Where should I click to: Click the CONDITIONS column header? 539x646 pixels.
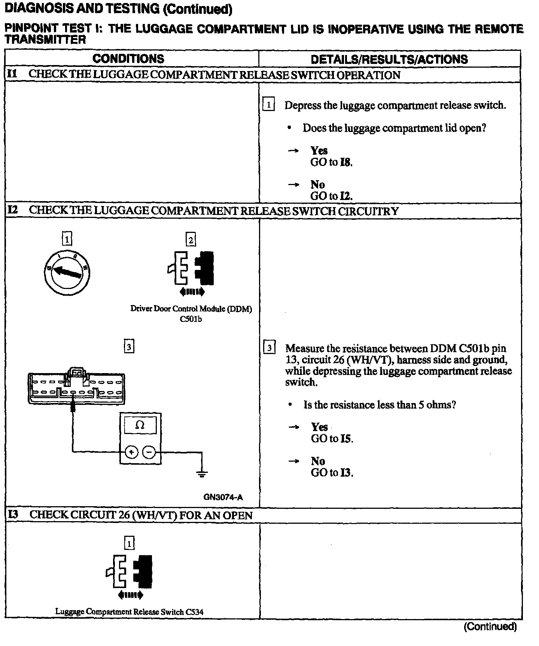(128, 59)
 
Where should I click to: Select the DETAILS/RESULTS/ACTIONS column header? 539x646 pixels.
(389, 59)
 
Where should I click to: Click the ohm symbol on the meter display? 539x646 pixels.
(140, 425)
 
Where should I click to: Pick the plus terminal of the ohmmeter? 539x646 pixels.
(131, 452)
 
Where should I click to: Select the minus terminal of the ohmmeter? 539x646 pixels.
(149, 452)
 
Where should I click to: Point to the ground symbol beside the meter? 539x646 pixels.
(202, 474)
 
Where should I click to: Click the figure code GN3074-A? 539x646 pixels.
(223, 497)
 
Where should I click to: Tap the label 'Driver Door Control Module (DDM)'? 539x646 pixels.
(191, 309)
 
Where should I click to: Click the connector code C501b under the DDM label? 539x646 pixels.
(191, 319)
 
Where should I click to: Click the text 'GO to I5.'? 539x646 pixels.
(332, 439)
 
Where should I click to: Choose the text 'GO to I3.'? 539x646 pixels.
(332, 473)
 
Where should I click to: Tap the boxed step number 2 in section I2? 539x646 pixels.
(191, 240)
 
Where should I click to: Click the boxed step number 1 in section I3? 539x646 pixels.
(129, 543)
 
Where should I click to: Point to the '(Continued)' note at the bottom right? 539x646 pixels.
(490, 627)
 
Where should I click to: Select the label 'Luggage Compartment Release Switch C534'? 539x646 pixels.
(130, 612)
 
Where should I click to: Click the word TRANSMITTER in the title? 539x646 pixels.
(45, 40)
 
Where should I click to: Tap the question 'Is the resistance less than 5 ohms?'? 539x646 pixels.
(380, 405)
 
